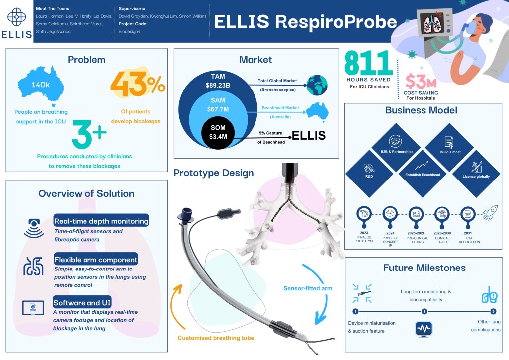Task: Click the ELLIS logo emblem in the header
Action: click(17, 17)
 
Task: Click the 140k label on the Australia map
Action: click(41, 85)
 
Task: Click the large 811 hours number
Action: click(368, 64)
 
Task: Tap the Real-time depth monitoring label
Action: click(101, 221)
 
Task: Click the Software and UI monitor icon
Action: click(33, 307)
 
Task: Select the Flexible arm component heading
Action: click(96, 260)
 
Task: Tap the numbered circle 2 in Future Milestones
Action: click(424, 312)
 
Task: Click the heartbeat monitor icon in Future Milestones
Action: click(424, 329)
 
